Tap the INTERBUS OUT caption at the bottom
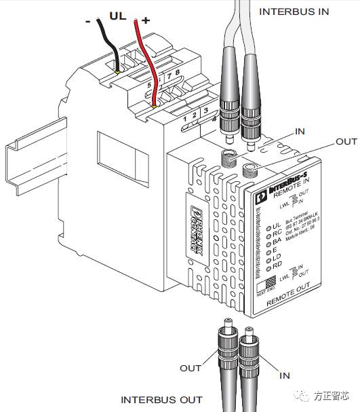161,400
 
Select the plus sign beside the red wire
145,20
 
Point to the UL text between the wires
117,14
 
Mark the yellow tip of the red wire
155,106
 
